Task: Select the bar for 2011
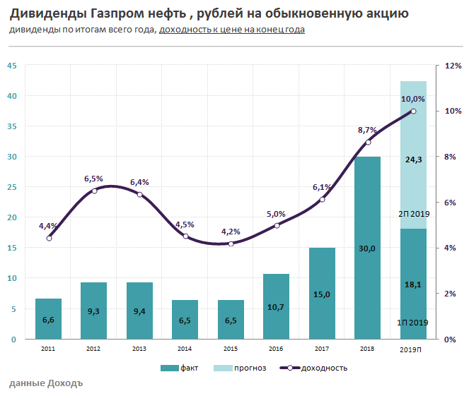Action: tap(48, 319)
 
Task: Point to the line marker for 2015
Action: tap(231, 244)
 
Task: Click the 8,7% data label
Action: tap(367, 130)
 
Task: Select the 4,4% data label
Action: tap(48, 226)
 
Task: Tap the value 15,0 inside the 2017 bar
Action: tap(322, 294)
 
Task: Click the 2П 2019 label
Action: tap(415, 213)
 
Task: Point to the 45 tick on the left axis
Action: tap(11, 66)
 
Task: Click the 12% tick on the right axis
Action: tap(453, 66)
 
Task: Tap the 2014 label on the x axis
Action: tap(185, 349)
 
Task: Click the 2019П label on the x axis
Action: tap(413, 349)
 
